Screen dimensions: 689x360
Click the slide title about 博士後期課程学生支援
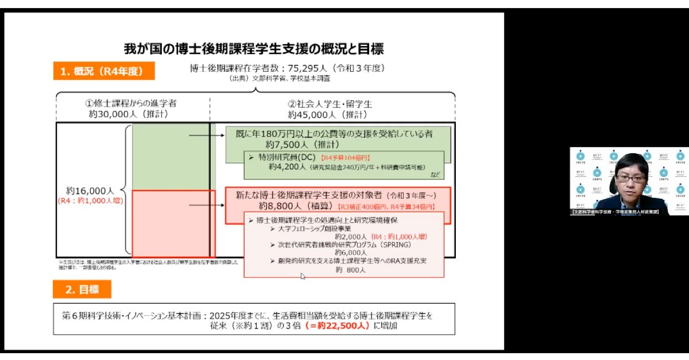[x=253, y=48]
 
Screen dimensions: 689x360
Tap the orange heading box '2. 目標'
[x=82, y=290]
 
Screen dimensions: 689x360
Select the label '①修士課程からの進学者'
[x=130, y=104]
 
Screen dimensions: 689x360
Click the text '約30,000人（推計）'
[x=131, y=114]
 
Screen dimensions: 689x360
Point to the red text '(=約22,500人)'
[x=338, y=326]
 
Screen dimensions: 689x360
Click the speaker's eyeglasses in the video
[x=630, y=179]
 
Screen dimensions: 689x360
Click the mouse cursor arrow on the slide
[x=303, y=276]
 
